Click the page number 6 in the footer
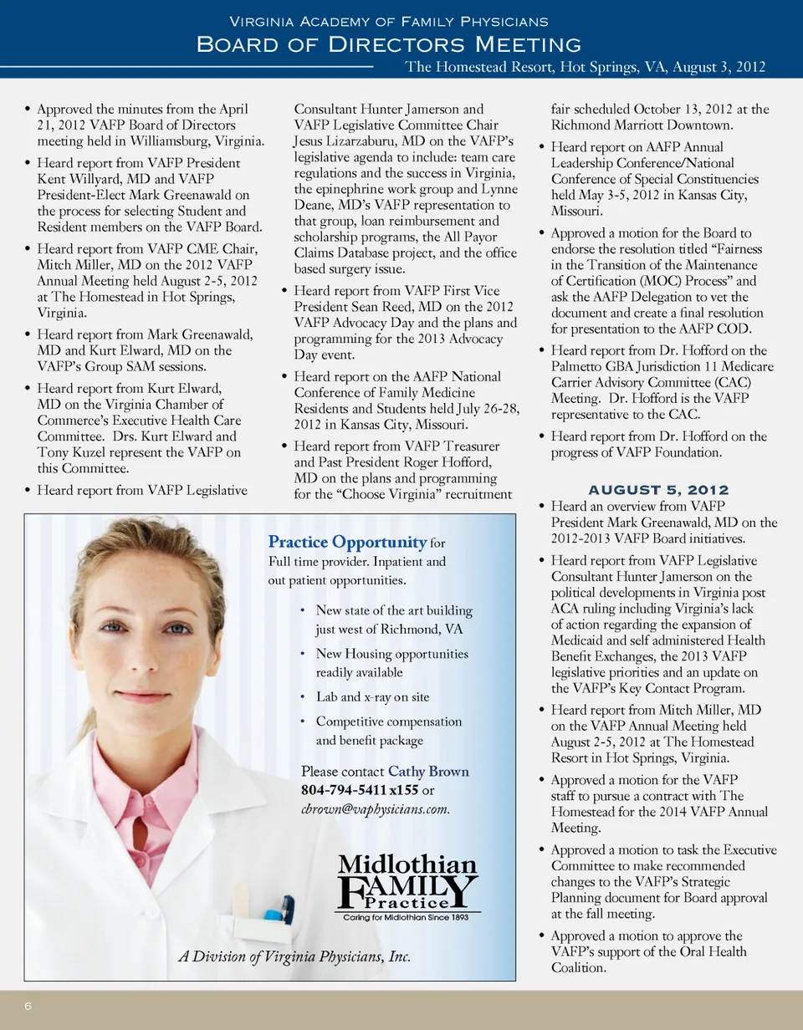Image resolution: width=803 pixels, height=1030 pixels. click(x=28, y=1007)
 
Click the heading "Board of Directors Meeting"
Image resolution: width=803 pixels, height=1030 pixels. click(x=388, y=43)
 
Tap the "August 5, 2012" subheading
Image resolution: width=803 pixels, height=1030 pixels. click(x=658, y=490)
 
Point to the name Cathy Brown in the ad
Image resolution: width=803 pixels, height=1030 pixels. click(x=428, y=772)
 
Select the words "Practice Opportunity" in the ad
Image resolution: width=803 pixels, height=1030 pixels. click(x=347, y=543)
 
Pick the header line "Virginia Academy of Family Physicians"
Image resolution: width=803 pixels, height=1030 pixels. click(x=388, y=20)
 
